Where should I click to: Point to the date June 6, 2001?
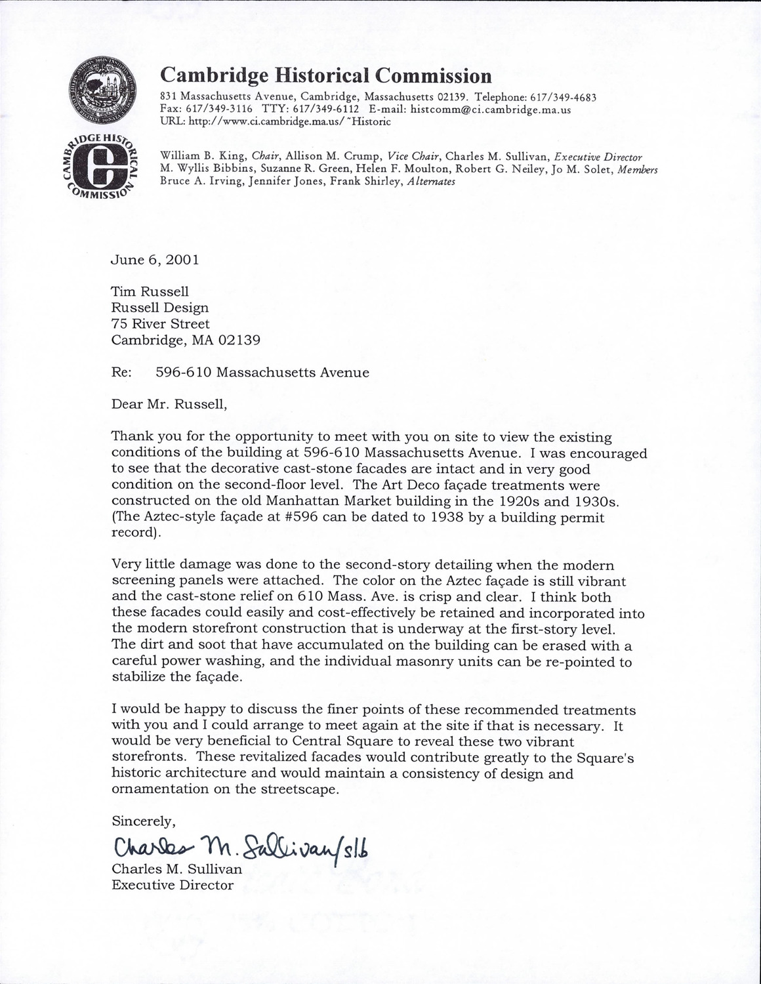click(x=155, y=259)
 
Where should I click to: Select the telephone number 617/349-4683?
click(x=564, y=98)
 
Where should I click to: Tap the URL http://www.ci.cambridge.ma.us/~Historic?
click(x=276, y=121)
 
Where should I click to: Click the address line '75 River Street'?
click(x=160, y=323)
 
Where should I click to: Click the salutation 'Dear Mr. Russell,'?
click(x=169, y=404)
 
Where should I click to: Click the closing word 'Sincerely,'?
click(x=143, y=821)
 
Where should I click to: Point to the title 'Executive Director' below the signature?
click(x=173, y=885)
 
